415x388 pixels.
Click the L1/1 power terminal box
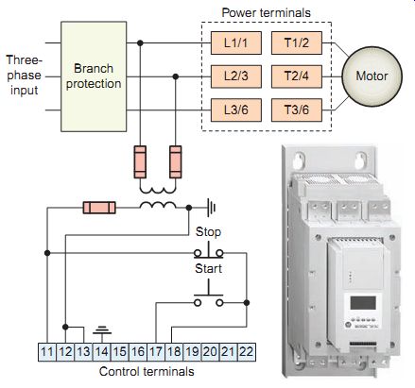tap(236, 42)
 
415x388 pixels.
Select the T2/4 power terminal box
tap(297, 76)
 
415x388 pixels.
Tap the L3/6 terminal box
tap(236, 110)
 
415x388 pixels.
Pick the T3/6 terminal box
tap(297, 110)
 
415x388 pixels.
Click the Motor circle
tap(372, 76)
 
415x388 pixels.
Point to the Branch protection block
tap(94, 76)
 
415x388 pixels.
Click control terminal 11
tap(47, 351)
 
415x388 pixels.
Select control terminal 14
tap(102, 351)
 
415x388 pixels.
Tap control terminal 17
tap(156, 351)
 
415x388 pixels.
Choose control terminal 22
tap(247, 351)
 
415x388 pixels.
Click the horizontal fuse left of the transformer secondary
tap(99, 208)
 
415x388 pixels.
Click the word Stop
tap(208, 232)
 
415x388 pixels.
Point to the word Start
tap(208, 269)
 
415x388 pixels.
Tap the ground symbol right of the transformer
tap(212, 208)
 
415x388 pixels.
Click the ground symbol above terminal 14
tap(102, 330)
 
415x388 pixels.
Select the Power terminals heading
tap(267, 13)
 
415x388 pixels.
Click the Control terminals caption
tap(147, 372)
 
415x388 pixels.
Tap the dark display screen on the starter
tap(363, 303)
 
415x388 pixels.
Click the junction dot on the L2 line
tap(176, 76)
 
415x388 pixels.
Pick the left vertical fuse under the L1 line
tap(140, 161)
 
